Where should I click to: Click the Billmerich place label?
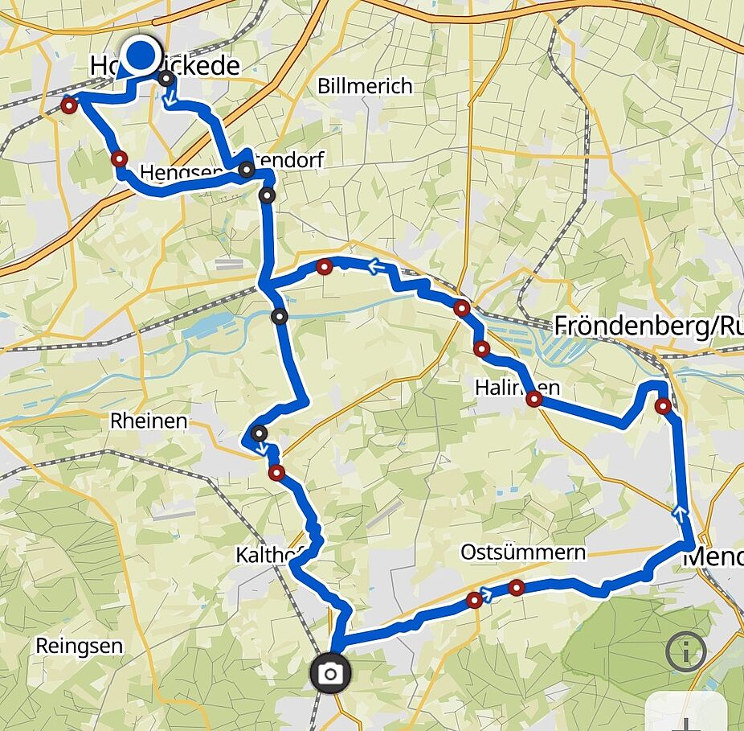click(x=365, y=86)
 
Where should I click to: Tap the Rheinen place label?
click(x=149, y=421)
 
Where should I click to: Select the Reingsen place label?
click(x=80, y=645)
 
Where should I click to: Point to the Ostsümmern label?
click(x=523, y=552)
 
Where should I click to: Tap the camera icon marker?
click(x=329, y=673)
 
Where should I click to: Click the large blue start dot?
click(x=141, y=55)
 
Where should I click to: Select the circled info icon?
click(x=685, y=652)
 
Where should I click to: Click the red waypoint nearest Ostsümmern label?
click(x=517, y=588)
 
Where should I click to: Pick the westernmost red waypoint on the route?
click(x=69, y=105)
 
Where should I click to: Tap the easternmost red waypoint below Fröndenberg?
click(x=663, y=406)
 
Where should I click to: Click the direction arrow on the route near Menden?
click(x=681, y=509)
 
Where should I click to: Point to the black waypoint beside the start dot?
click(x=166, y=79)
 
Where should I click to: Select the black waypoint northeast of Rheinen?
click(x=259, y=434)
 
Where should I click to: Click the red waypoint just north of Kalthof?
click(x=276, y=473)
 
